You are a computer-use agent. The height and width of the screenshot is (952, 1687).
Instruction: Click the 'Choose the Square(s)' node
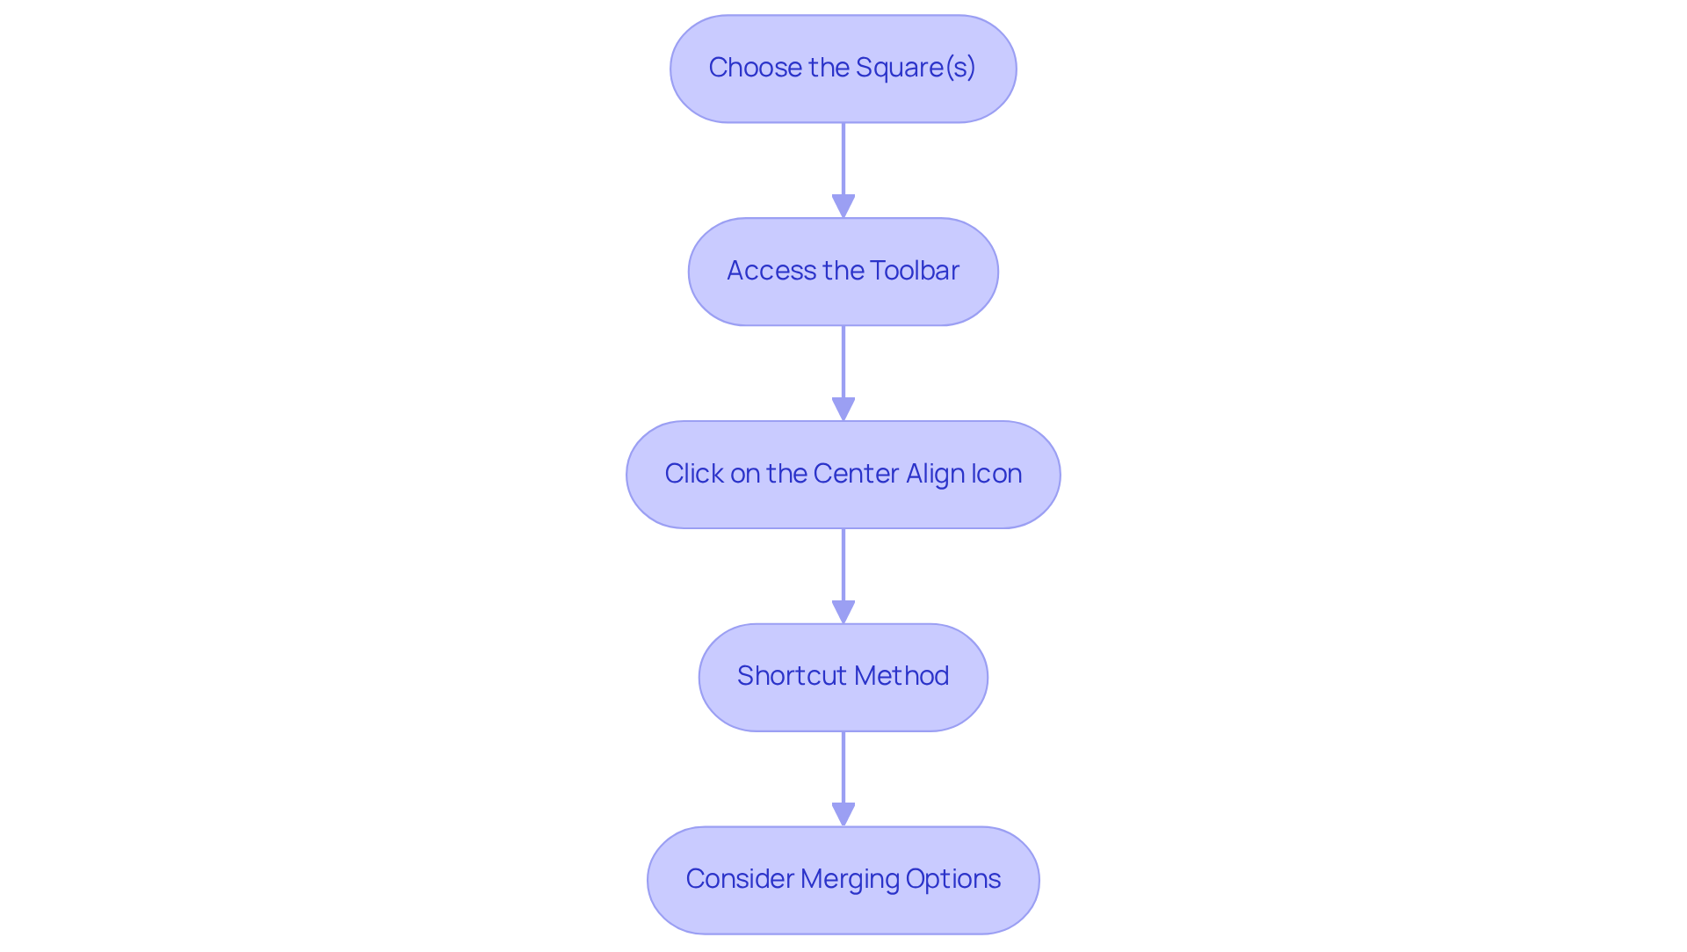click(x=843, y=69)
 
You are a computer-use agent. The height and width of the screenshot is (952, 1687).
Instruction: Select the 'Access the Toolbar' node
click(x=843, y=272)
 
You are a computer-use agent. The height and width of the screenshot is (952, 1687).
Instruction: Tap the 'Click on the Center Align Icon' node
click(x=843, y=475)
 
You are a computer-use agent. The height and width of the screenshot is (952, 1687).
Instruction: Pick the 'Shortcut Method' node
click(x=843, y=677)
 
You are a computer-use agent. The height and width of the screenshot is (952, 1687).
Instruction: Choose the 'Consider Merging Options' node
click(x=843, y=880)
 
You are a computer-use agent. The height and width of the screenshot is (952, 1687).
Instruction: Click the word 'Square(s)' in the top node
click(x=916, y=68)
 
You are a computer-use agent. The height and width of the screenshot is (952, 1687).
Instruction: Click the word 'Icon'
click(x=998, y=474)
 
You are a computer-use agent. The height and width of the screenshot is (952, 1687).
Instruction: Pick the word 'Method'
click(x=901, y=676)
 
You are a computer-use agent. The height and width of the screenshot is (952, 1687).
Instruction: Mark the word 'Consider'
click(x=740, y=879)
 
